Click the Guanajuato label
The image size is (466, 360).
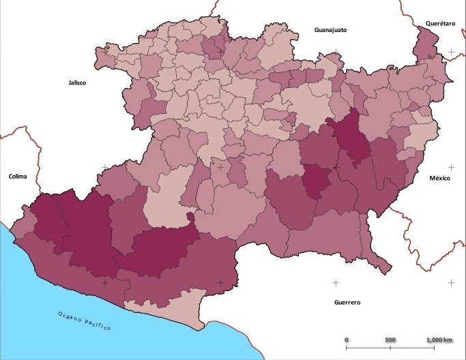coord(330,31)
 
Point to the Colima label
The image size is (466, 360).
coord(17,176)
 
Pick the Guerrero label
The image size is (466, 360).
coord(347,302)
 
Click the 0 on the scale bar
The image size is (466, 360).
coord(347,340)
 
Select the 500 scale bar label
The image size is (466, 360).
coord(390,340)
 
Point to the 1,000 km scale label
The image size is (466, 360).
coord(439,340)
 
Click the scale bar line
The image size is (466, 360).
coord(390,348)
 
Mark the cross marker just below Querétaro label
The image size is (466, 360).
coord(451,52)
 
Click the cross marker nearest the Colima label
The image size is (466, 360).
coord(104,166)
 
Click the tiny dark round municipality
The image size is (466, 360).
coord(190,217)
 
